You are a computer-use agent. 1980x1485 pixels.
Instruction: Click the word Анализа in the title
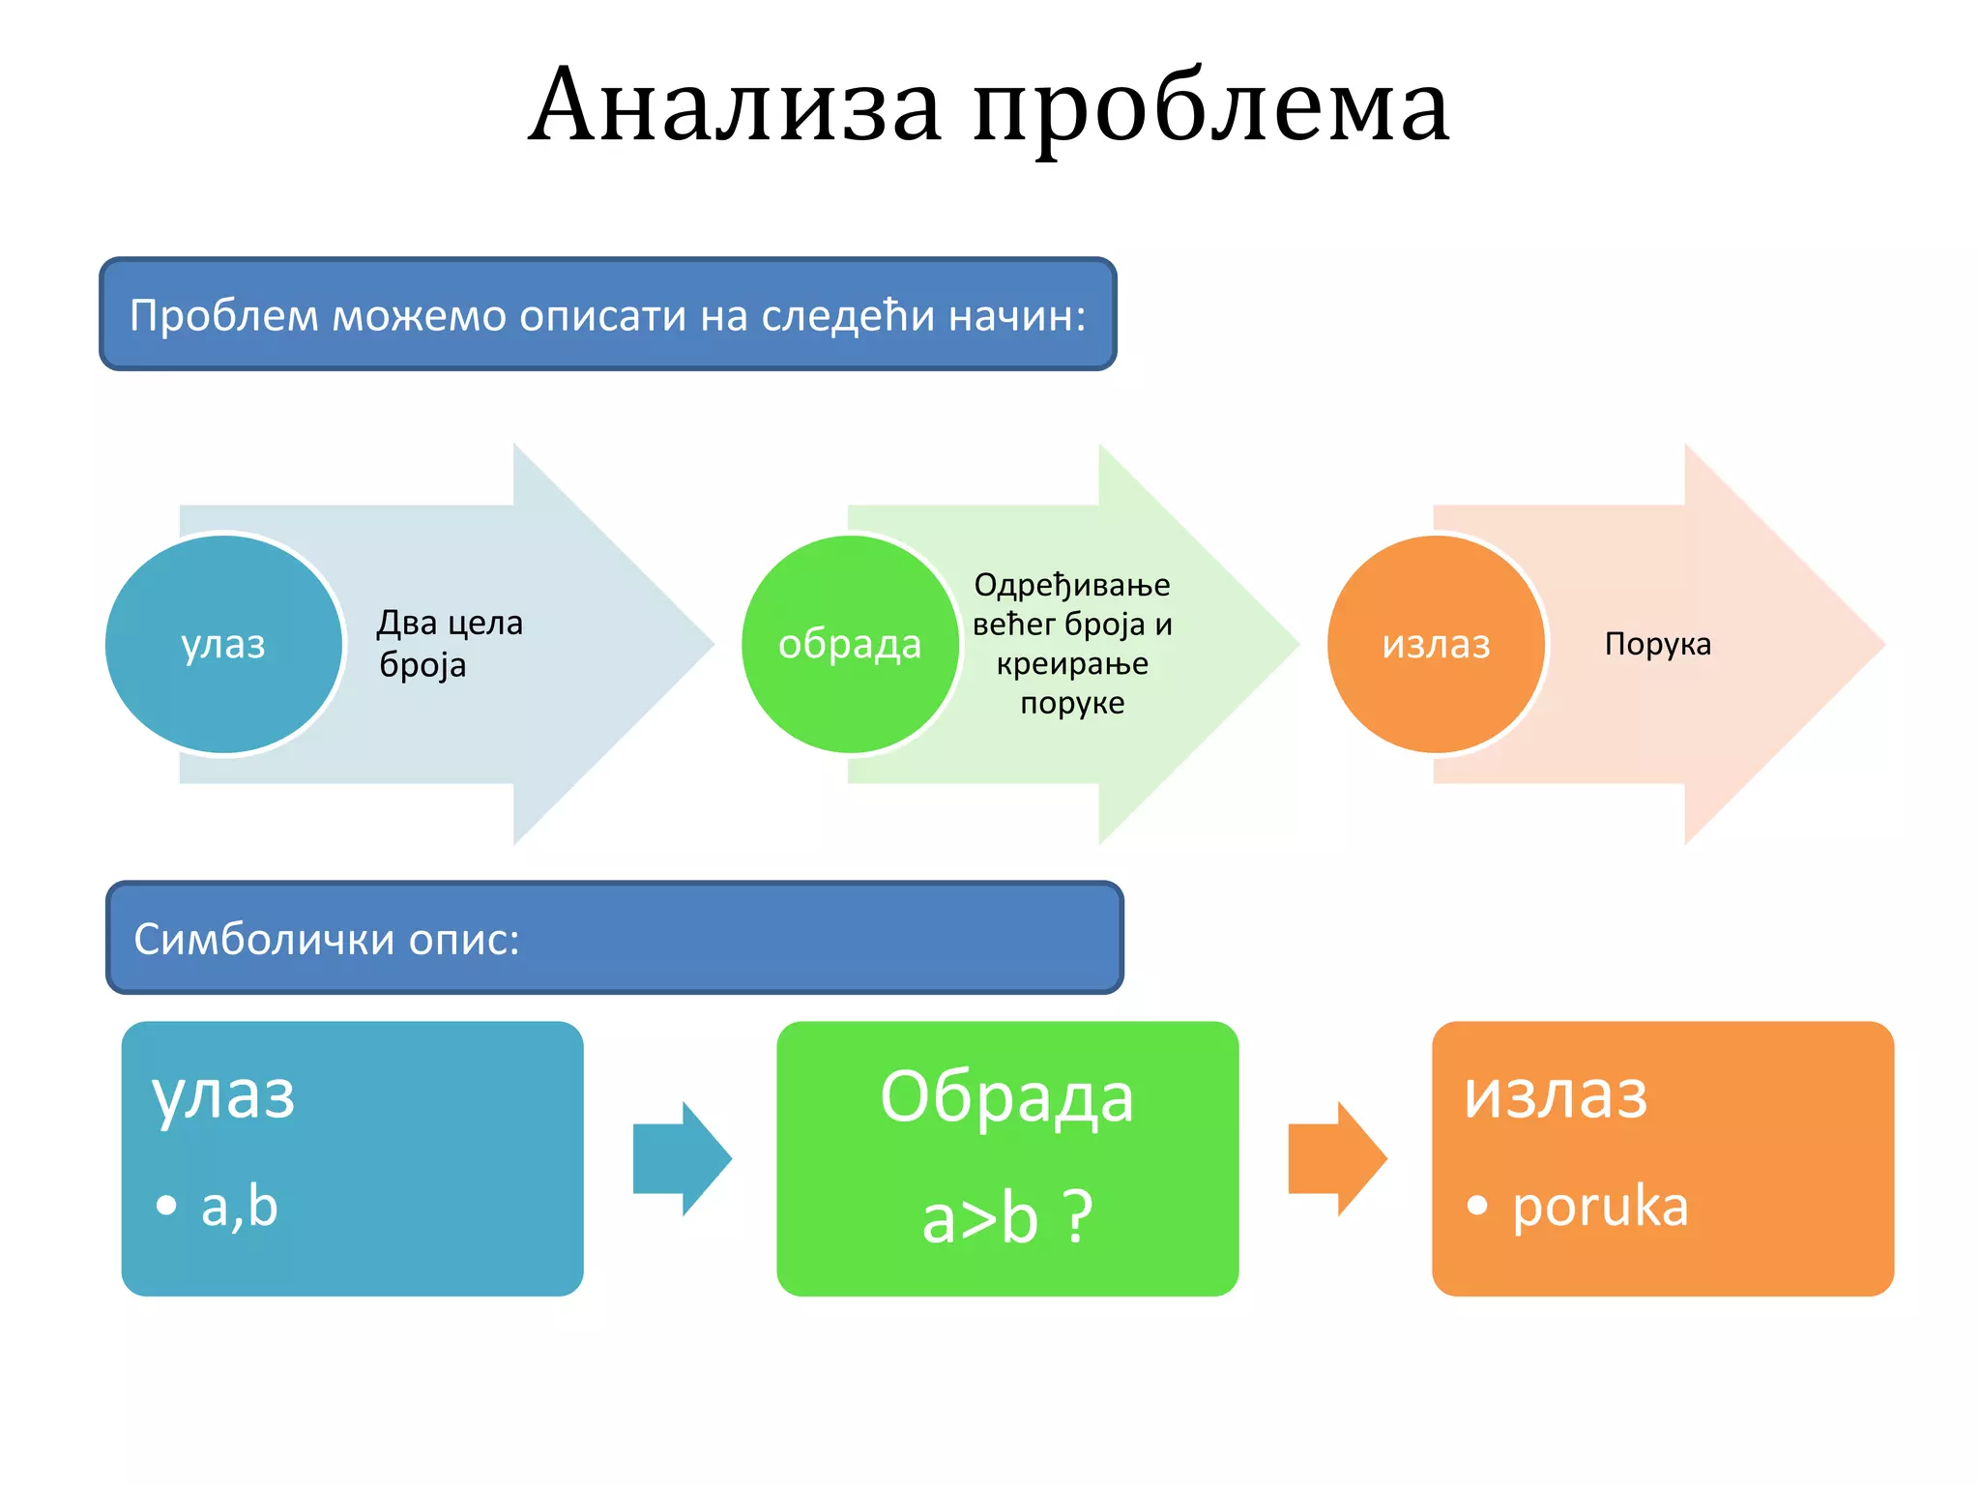click(x=735, y=106)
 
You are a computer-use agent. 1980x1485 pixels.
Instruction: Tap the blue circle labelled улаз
click(x=223, y=644)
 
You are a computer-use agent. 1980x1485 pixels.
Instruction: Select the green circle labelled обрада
click(x=850, y=644)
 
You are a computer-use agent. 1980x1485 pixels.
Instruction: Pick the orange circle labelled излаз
click(x=1436, y=644)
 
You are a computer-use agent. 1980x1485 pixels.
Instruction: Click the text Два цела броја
click(x=449, y=643)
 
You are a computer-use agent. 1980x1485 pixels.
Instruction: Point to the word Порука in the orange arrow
click(x=1657, y=644)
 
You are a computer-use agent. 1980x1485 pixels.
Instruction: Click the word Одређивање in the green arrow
click(x=1071, y=585)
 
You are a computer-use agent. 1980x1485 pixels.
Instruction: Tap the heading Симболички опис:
click(x=327, y=939)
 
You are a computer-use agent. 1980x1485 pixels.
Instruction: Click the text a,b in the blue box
click(x=239, y=1207)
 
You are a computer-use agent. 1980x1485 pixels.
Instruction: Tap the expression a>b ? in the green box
click(x=1006, y=1217)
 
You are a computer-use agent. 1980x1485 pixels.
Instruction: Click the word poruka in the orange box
click(x=1600, y=1207)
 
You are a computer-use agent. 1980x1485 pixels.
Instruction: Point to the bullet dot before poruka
click(x=1476, y=1205)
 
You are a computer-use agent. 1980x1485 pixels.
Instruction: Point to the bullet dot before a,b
click(x=166, y=1205)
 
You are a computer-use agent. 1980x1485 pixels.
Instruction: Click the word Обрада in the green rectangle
click(x=1006, y=1097)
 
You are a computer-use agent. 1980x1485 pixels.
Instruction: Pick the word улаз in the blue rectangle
click(x=223, y=1095)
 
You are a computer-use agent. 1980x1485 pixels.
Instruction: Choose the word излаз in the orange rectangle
click(x=1556, y=1095)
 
